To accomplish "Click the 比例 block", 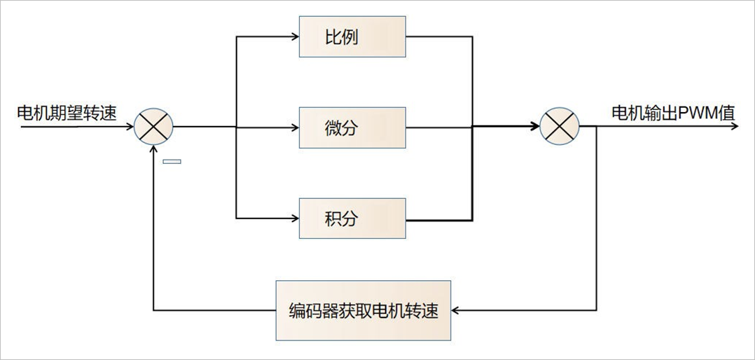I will [x=352, y=37].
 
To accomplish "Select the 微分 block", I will [x=352, y=127].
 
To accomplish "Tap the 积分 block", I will [x=352, y=219].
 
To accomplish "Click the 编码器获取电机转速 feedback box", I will [x=363, y=310].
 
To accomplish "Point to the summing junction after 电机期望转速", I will [x=153, y=127].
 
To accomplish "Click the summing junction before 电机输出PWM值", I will [x=560, y=127].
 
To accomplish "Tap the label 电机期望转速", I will [x=66, y=113].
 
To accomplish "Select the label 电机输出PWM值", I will [x=673, y=113].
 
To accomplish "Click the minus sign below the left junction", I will [x=172, y=162].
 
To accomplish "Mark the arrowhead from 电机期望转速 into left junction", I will [x=130, y=127].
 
